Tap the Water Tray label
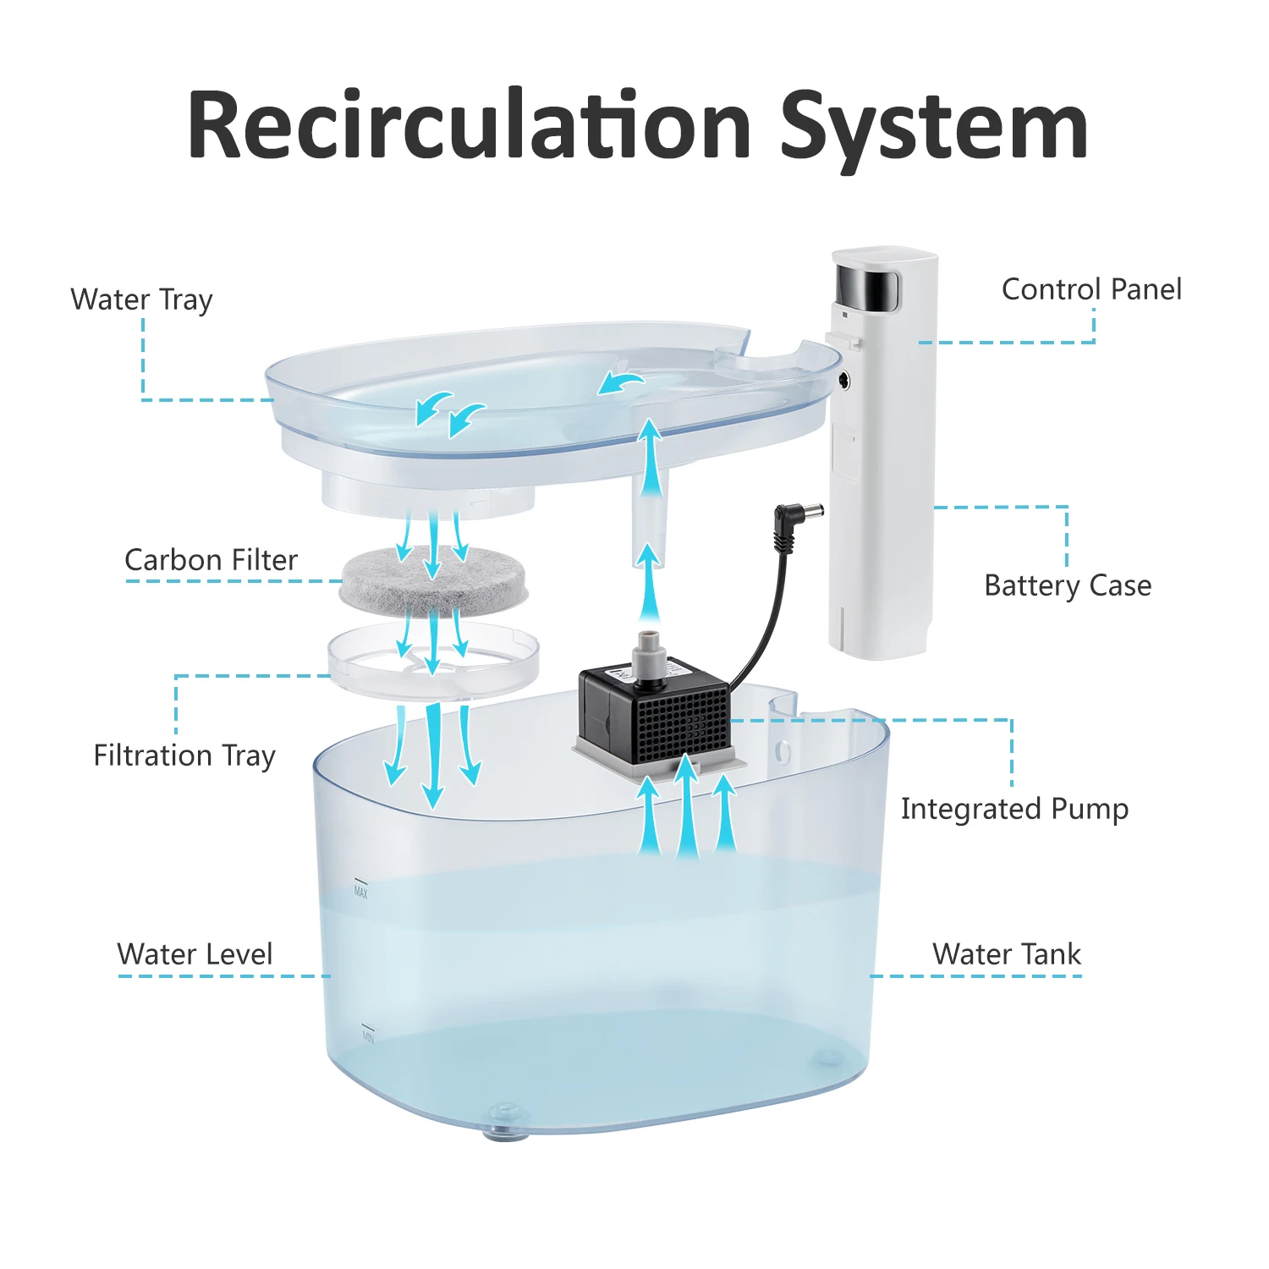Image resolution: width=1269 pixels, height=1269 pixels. click(x=141, y=299)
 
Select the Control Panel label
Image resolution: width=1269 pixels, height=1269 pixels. click(x=1091, y=289)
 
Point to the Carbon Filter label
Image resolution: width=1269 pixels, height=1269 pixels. click(x=211, y=560)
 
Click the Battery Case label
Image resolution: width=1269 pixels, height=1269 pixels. click(x=1068, y=585)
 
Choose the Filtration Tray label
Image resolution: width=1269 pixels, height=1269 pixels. click(x=184, y=755)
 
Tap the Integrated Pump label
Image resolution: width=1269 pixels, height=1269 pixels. click(x=1014, y=809)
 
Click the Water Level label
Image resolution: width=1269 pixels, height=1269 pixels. click(x=195, y=954)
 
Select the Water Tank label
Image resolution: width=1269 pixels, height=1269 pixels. click(x=1007, y=954)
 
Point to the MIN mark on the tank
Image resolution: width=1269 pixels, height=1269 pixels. click(x=368, y=1036)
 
